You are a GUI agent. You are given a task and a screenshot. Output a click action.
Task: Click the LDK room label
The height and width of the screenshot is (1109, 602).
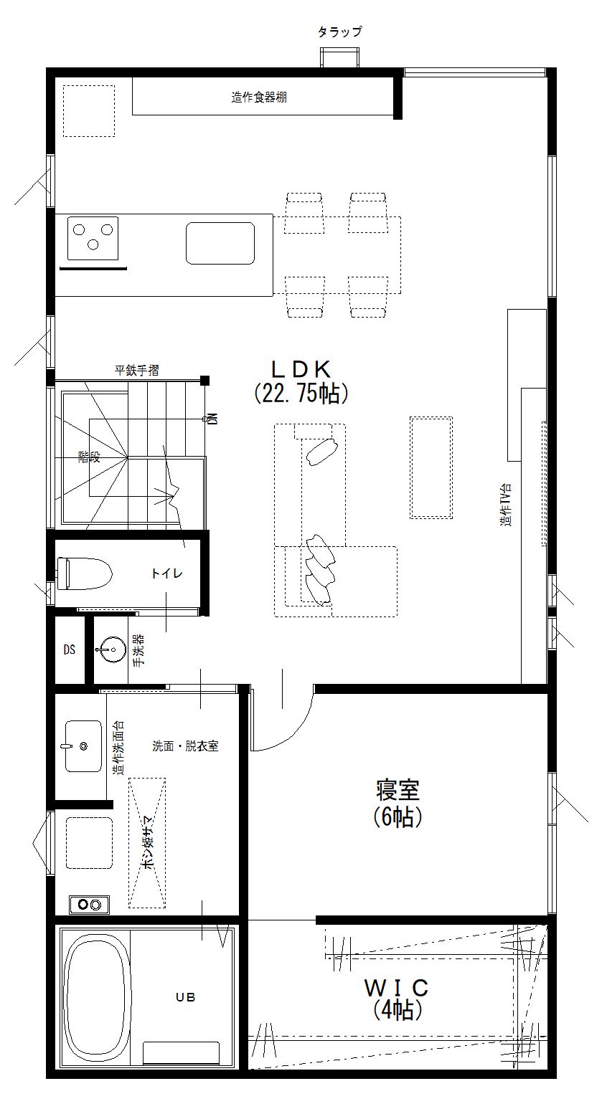coord(301,369)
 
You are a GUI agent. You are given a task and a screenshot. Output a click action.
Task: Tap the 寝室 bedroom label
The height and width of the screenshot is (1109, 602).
coord(398,790)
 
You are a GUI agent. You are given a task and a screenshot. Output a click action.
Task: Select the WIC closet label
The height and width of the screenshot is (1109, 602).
coord(396,988)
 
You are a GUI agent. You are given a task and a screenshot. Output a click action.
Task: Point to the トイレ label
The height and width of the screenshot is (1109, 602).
coord(167,573)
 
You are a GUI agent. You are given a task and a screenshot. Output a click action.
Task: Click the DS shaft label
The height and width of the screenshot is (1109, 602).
coord(70,649)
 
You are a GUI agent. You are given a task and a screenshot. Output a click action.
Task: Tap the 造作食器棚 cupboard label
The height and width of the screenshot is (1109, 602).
coord(259,97)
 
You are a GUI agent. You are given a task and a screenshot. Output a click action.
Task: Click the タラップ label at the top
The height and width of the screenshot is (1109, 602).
coord(340,32)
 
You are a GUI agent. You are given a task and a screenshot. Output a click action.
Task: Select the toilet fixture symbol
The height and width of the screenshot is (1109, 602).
coord(85,573)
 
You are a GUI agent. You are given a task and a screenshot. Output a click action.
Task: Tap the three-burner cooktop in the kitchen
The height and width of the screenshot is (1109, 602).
coord(93,238)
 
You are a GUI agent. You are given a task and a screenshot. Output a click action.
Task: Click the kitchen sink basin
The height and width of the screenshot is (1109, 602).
coord(220,243)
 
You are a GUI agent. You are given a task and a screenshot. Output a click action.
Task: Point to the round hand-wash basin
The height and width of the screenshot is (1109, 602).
coord(112,649)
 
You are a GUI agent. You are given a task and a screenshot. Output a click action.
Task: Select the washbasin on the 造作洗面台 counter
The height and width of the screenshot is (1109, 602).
coord(83,746)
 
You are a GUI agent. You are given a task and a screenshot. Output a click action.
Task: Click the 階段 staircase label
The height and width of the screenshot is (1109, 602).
coord(89,457)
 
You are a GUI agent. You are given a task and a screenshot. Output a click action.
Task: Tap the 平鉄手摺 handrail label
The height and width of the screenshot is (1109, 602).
coord(137,370)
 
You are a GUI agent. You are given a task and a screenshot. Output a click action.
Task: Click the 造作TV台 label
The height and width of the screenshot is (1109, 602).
coord(505,505)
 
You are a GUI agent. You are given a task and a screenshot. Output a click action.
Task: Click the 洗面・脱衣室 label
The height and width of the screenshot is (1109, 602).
coord(185,746)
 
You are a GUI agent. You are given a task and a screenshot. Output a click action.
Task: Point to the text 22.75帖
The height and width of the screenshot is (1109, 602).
coord(301,394)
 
